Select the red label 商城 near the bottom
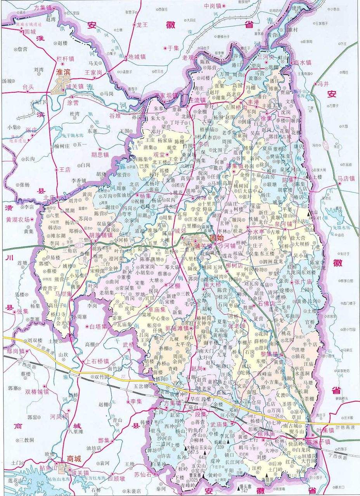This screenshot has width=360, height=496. point(74,459)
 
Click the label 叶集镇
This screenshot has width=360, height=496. point(325,430)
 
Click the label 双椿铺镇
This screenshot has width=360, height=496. point(37,391)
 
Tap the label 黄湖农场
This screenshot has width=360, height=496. point(17,219)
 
